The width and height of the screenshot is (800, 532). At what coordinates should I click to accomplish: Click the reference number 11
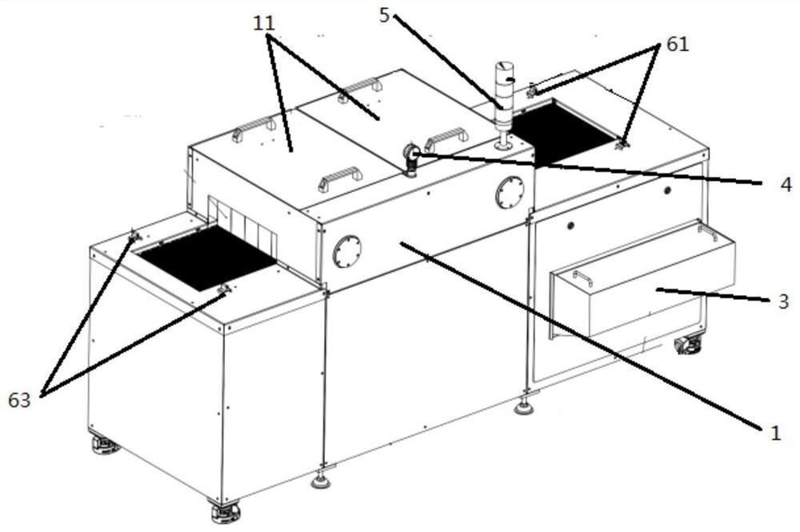click(264, 23)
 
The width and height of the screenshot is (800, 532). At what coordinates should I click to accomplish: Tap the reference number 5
click(386, 14)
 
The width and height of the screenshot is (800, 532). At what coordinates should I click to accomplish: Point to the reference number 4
click(786, 185)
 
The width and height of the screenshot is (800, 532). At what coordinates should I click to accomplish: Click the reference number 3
click(784, 302)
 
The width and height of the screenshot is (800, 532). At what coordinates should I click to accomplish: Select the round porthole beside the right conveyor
click(508, 193)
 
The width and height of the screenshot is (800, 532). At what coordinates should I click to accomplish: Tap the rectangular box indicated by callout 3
click(656, 288)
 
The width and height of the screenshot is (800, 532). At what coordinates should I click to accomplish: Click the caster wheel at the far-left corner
click(105, 444)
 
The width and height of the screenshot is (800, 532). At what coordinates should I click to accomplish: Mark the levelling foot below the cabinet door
click(525, 408)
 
